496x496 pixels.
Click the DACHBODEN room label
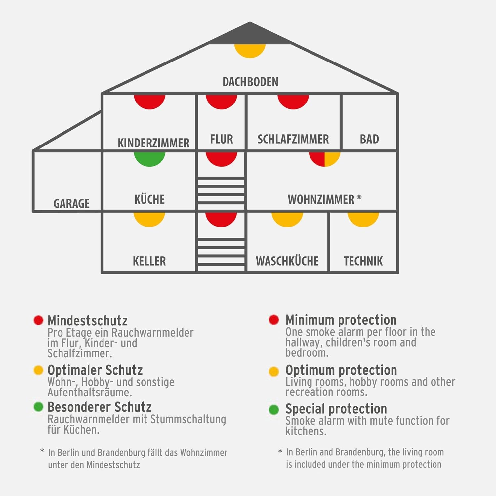tap(250, 82)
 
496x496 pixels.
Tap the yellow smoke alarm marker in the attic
tap(250, 50)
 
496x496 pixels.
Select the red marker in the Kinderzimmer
tap(149, 101)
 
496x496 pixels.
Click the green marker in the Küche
tap(149, 158)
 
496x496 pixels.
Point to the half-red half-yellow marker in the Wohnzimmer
tap(324, 158)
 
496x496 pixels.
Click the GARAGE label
tap(71, 203)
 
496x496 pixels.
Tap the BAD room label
tap(369, 139)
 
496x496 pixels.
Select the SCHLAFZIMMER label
tap(293, 139)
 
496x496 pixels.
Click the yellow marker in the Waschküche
tap(287, 219)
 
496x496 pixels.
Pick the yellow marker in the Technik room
tap(363, 219)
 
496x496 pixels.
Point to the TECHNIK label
tap(363, 261)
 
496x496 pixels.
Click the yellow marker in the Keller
tap(149, 219)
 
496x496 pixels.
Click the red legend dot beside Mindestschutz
tap(38, 320)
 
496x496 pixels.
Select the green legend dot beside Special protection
tap(274, 409)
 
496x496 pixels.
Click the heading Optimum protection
tap(341, 370)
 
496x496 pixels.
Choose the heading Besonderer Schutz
tap(100, 407)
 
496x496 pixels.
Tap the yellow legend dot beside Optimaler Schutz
tap(38, 370)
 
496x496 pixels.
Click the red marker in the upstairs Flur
tap(221, 101)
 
